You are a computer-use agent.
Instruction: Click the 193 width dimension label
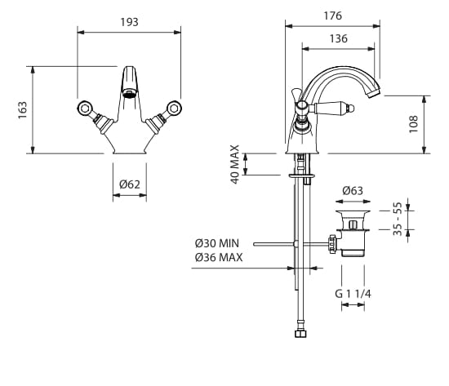pyautogui.click(x=130, y=22)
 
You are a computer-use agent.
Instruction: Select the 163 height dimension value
pyautogui.click(x=22, y=110)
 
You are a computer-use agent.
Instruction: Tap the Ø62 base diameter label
pyautogui.click(x=130, y=184)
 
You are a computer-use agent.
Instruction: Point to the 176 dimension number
pyautogui.click(x=333, y=16)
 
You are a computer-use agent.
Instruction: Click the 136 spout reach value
pyautogui.click(x=339, y=38)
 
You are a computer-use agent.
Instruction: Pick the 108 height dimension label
pyautogui.click(x=414, y=124)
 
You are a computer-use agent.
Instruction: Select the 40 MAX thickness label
pyautogui.click(x=235, y=164)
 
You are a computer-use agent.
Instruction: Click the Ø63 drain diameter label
pyautogui.click(x=353, y=191)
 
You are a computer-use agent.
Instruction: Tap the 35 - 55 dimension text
pyautogui.click(x=398, y=219)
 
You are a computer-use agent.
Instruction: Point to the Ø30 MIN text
pyautogui.click(x=217, y=243)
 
